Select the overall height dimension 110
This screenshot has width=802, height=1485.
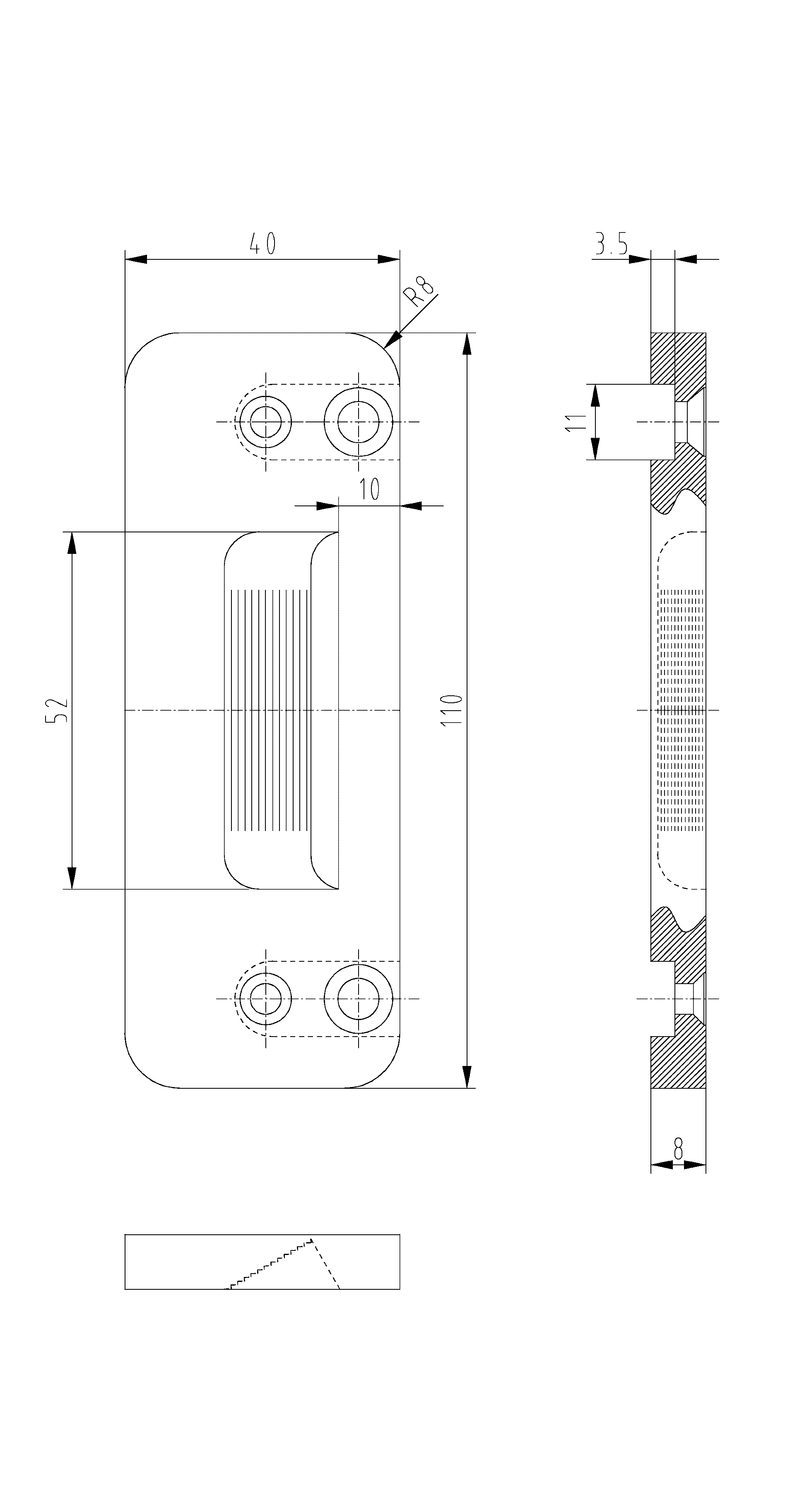(x=452, y=710)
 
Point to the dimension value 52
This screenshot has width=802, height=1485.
(x=57, y=710)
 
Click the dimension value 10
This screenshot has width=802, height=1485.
(x=369, y=489)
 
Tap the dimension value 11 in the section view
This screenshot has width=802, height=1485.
(x=575, y=423)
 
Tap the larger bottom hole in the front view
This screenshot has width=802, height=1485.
(x=358, y=999)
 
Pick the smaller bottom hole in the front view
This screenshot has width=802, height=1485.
(x=266, y=999)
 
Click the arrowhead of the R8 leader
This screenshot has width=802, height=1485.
(x=393, y=340)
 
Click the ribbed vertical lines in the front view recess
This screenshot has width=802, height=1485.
(x=270, y=710)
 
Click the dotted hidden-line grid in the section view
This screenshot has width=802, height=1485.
(x=682, y=710)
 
